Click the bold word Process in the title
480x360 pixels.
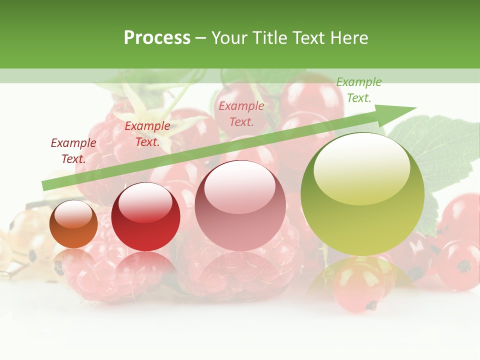point(157,38)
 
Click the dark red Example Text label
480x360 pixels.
point(73,151)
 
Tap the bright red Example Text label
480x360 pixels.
point(147,134)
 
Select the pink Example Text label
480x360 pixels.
point(241,113)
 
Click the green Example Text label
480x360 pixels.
point(359,90)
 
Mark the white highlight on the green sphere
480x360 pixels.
point(361,169)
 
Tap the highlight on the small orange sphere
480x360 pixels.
point(73,214)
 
